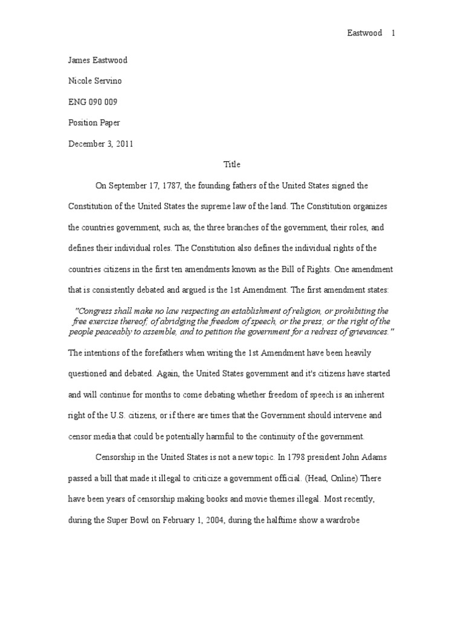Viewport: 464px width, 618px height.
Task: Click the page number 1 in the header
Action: (393, 34)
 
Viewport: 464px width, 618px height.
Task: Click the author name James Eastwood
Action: (98, 60)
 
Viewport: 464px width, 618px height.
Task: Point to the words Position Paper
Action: (94, 123)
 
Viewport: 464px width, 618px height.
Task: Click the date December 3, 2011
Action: (101, 144)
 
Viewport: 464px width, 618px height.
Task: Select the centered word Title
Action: (232, 164)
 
